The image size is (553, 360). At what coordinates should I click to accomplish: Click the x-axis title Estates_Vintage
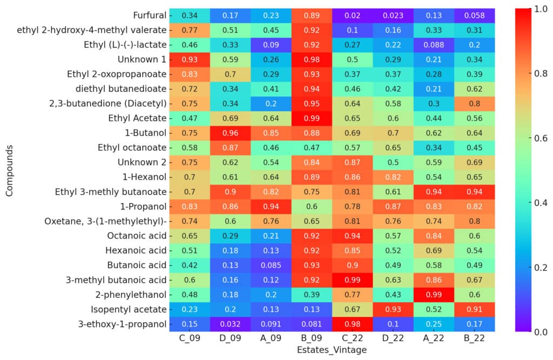pyautogui.click(x=332, y=350)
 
